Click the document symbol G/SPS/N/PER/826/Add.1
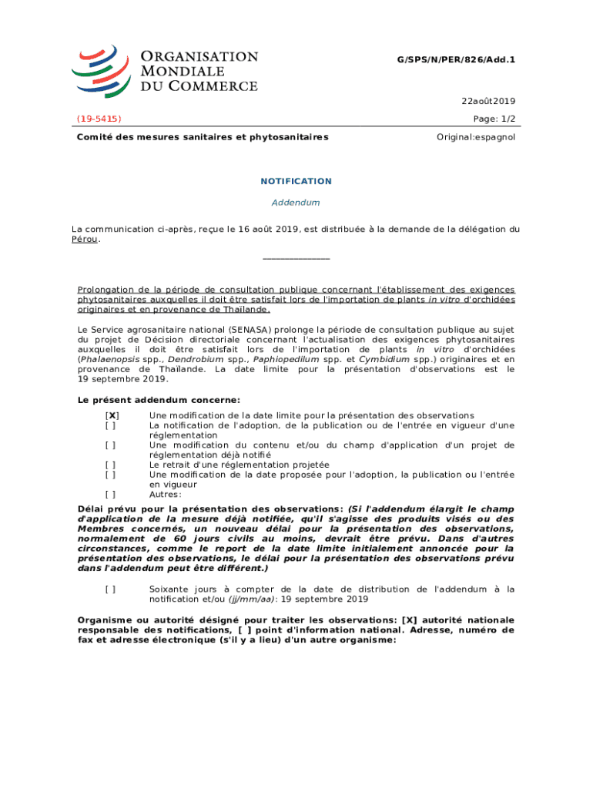pos(456,59)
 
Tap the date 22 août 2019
pos(488,101)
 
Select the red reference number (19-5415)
pos(99,119)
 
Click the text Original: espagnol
pos(476,137)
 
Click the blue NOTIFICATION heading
pos(296,181)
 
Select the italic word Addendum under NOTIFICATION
pos(296,203)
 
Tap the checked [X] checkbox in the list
pos(112,415)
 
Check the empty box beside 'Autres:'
pos(112,495)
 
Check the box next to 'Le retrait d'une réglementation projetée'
pos(112,465)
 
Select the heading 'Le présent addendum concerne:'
pos(159,400)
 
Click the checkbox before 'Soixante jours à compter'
pos(112,589)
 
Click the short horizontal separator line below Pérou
pos(296,259)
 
